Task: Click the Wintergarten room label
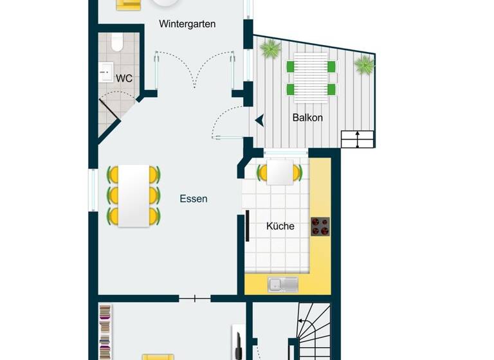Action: coord(188,24)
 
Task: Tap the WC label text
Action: coord(124,78)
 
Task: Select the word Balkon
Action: coord(307,118)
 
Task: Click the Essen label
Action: coord(194,199)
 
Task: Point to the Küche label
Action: coord(280,226)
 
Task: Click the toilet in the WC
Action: coord(116,42)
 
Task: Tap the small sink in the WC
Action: coord(105,73)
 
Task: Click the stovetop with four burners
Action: coord(320,226)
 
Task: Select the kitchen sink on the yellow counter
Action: coord(283,282)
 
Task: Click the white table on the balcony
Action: coord(312,77)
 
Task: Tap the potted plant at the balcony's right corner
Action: coord(364,64)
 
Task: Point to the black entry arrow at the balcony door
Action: coord(259,120)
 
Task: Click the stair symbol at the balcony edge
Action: coord(357,139)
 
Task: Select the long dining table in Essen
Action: coord(134,195)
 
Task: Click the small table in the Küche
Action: coord(279,172)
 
